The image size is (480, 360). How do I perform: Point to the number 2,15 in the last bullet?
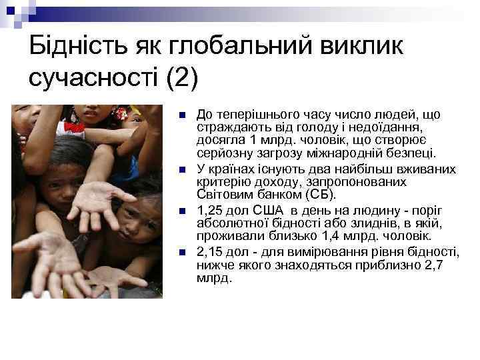(210, 252)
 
